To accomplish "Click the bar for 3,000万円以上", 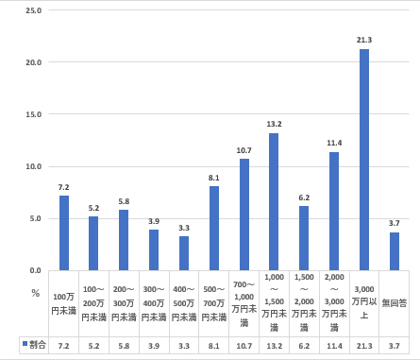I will coord(363,160).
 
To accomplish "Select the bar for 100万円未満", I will coord(63,232).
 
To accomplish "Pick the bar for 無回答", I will coord(394,250).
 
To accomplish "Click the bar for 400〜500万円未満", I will coord(183,252).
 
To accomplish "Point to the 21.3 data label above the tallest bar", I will coord(363,40).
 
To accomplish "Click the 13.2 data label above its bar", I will coord(274,124).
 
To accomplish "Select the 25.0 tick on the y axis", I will coord(32,10).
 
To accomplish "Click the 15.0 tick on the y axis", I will coord(32,114).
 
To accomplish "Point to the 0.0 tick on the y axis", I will coord(34,270).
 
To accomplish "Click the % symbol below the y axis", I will coord(34,293).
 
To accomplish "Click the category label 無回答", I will coord(394,303).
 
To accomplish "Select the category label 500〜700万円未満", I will coord(213,303).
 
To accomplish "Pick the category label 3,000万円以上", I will coord(363,303).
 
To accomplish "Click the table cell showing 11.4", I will coord(333,347).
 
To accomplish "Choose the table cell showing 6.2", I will coord(303,347).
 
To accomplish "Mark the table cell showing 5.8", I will coord(124,347).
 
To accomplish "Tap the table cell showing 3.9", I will coord(153,347).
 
